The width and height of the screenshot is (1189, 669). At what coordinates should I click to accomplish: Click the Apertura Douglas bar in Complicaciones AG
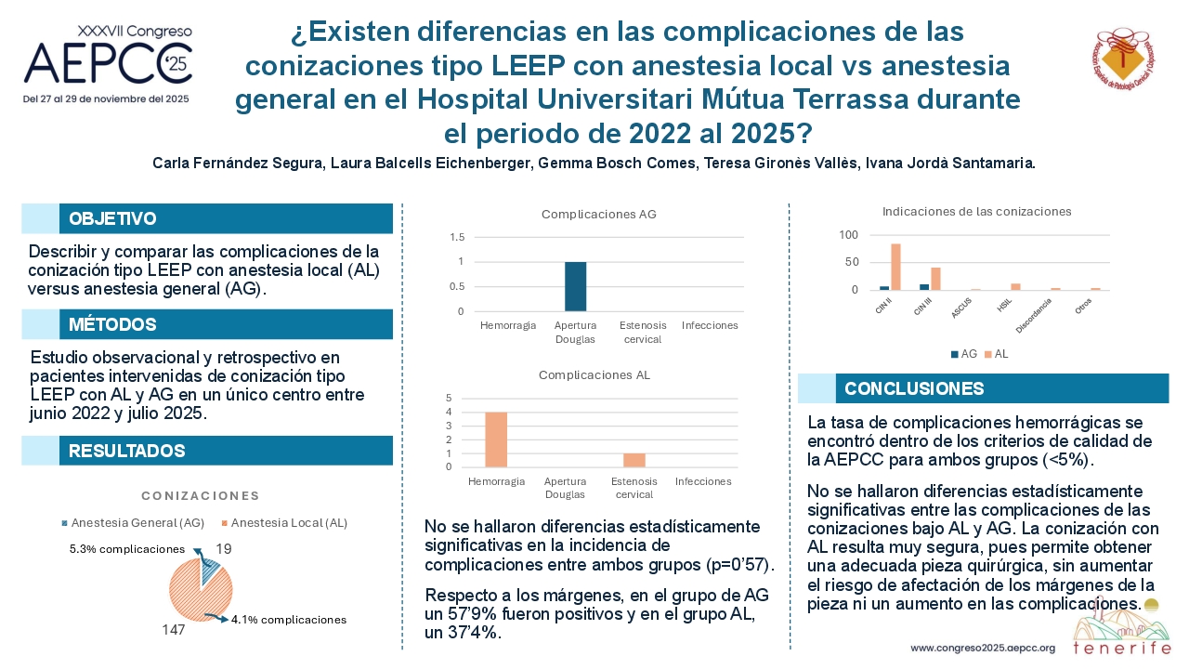pos(575,286)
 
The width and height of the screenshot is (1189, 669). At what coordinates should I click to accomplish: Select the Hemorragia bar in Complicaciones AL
pos(496,439)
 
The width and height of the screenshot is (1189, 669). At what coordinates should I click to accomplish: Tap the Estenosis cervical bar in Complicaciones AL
pos(634,460)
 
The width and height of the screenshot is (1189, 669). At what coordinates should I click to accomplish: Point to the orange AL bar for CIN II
pos(896,267)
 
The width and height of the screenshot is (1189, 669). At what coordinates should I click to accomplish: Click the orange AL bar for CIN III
pos(935,279)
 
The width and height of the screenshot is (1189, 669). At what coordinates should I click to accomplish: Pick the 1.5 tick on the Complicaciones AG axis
pos(457,237)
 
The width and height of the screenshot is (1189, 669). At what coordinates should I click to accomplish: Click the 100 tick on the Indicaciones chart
pos(848,235)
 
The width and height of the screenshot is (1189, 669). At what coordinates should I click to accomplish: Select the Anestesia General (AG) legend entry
pos(133,523)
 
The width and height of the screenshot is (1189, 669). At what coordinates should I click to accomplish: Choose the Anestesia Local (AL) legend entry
pos(284,523)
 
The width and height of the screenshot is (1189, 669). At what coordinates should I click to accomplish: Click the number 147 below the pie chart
pos(174,630)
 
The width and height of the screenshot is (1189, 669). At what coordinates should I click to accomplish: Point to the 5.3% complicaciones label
pos(127,549)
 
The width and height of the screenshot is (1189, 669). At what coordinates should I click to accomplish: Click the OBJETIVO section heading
pos(112,218)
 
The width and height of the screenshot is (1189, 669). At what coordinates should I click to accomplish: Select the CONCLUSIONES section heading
pos(914,388)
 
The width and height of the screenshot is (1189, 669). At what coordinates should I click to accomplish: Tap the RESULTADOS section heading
pos(127,451)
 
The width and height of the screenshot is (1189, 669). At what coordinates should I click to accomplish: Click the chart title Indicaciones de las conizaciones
pos(976,212)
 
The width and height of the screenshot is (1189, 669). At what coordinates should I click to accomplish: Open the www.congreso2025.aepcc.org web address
pos(983,649)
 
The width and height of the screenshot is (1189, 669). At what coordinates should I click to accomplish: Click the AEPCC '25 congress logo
pos(108,62)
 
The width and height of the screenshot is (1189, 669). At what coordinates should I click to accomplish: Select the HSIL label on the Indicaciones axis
pos(1004,305)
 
